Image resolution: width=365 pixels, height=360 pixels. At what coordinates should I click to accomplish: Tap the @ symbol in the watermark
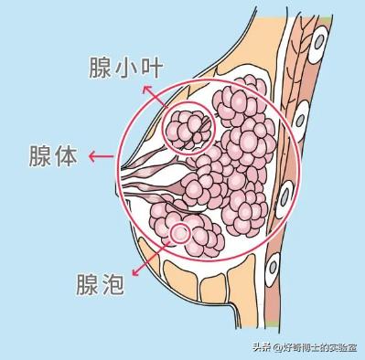coord(265,346)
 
